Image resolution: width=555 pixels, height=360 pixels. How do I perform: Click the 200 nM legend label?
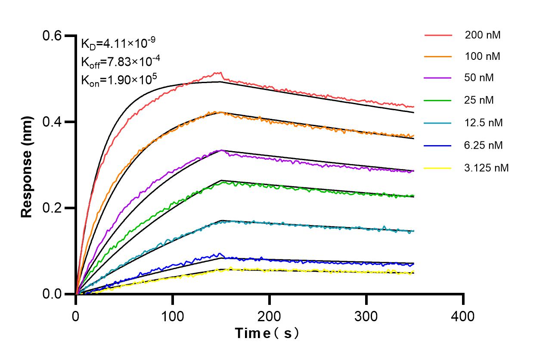(482, 35)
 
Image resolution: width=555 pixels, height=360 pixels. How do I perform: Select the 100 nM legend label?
(482, 56)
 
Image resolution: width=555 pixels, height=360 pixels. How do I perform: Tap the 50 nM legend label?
(479, 78)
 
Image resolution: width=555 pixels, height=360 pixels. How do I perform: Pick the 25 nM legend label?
(479, 100)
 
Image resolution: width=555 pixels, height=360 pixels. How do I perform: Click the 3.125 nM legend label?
(487, 168)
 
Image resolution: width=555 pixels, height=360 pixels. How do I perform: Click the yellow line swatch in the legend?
(438, 168)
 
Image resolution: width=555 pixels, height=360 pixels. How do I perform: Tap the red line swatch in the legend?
(438, 35)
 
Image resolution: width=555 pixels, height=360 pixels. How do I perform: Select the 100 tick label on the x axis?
(172, 316)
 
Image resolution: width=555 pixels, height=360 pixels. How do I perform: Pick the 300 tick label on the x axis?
(366, 316)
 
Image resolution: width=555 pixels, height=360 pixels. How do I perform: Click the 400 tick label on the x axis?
(463, 316)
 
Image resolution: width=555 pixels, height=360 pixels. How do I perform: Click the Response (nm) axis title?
(27, 165)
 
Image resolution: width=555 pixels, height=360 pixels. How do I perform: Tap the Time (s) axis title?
(267, 333)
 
